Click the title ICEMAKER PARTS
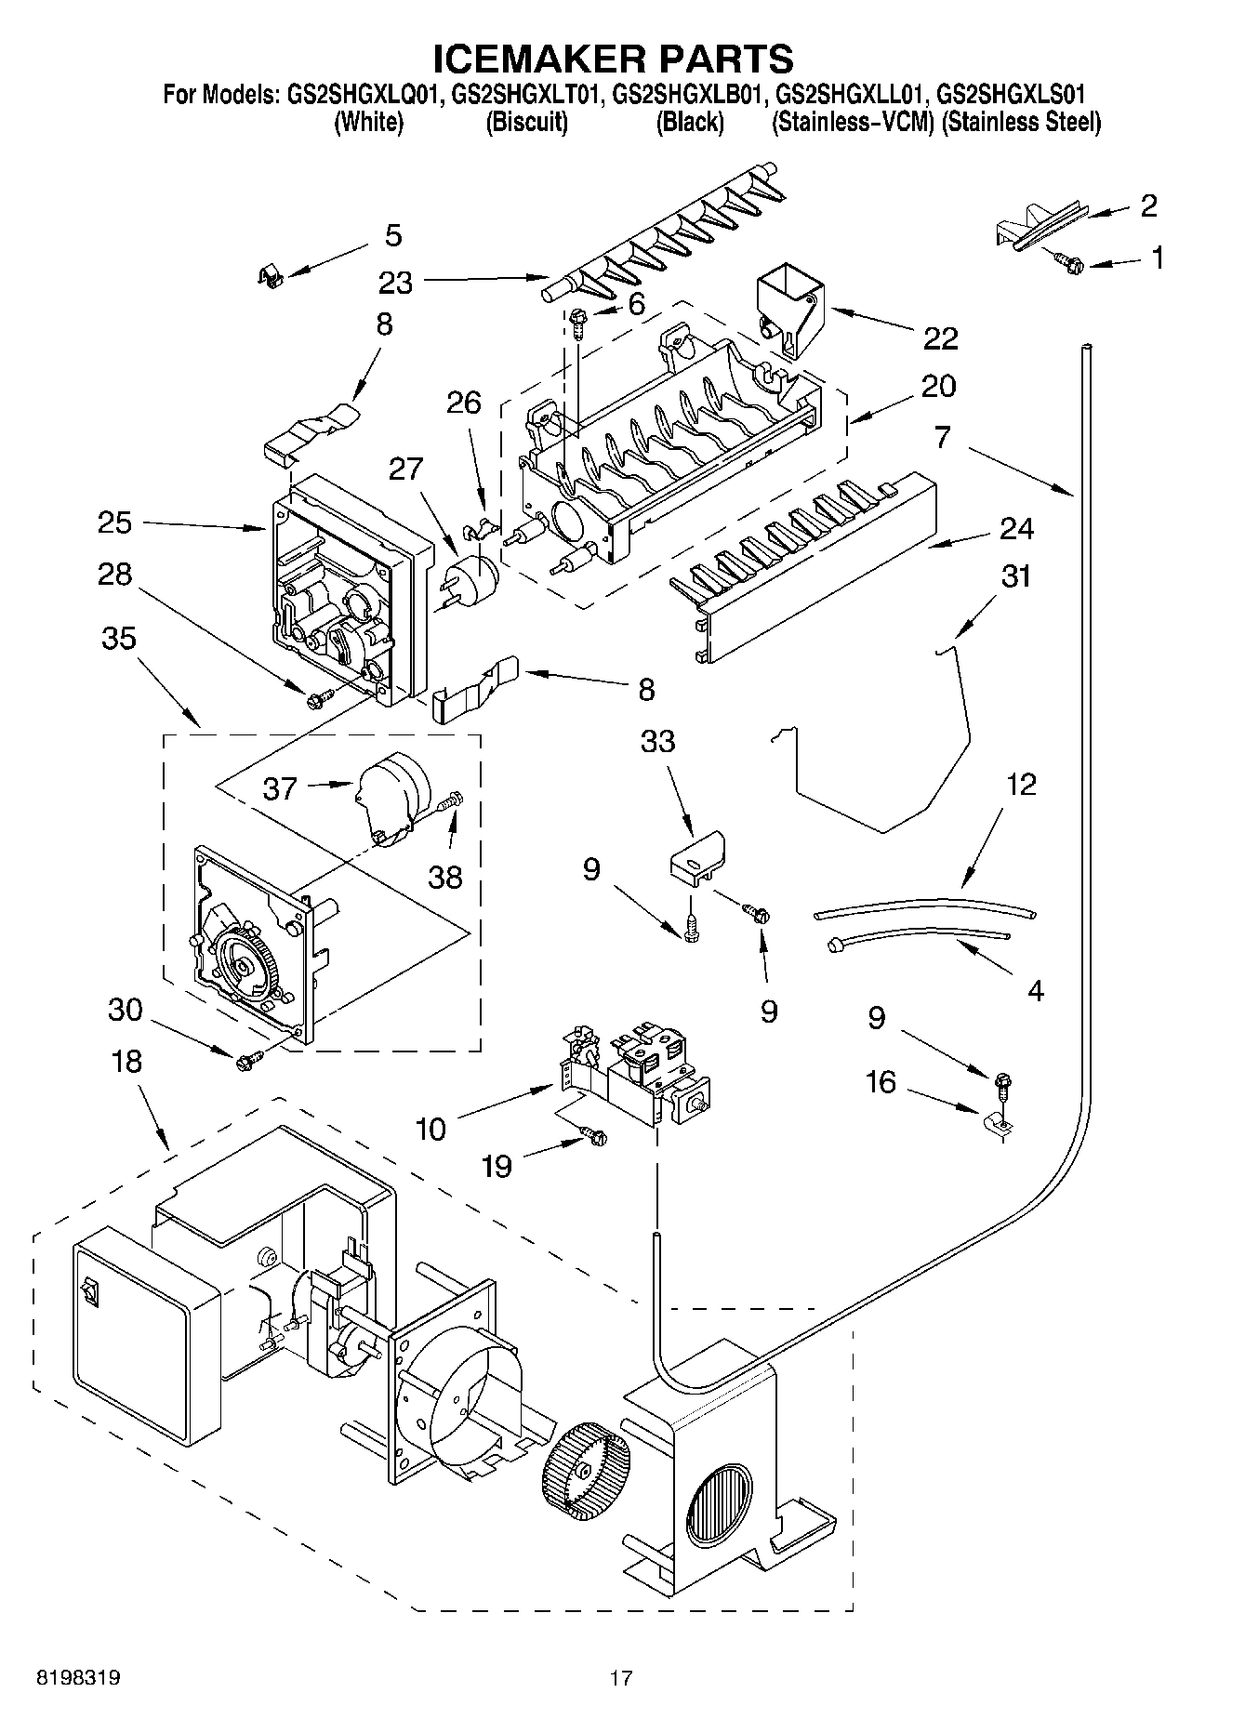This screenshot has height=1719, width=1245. tap(614, 58)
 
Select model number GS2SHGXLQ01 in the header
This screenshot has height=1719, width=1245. tap(359, 94)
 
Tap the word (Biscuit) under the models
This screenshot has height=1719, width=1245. tap(526, 122)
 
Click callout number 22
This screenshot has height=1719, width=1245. tap(940, 337)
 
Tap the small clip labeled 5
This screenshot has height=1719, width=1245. tap(269, 274)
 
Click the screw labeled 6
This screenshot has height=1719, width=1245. tap(577, 321)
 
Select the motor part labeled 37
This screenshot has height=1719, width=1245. tap(389, 797)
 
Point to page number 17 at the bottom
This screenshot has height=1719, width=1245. tap(621, 1678)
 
